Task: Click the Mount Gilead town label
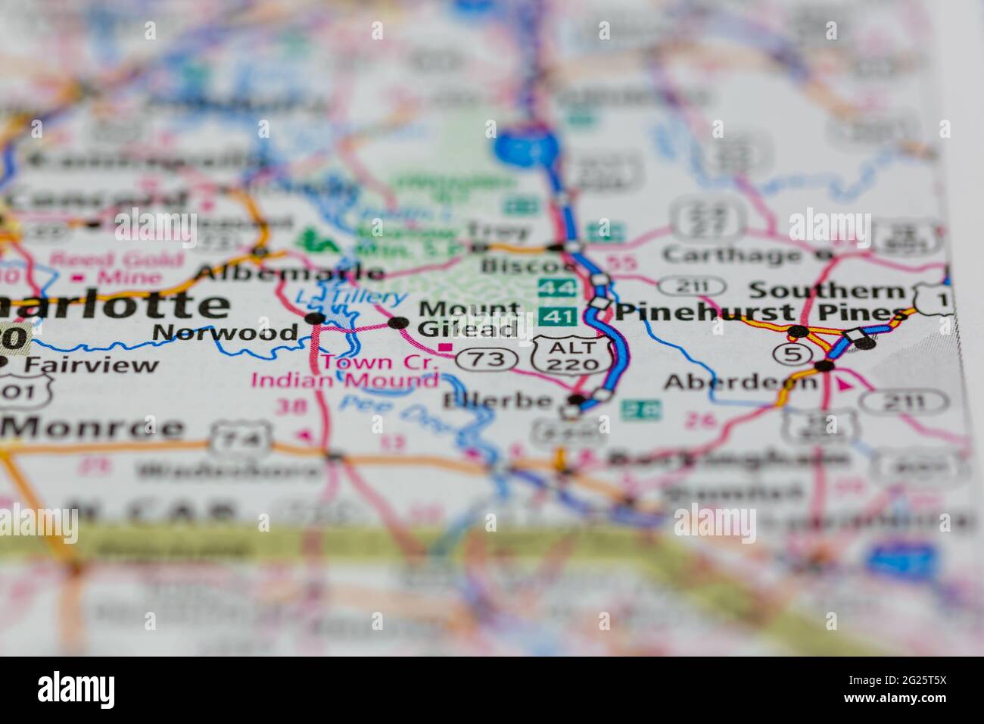[469, 319]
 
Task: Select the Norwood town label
[225, 332]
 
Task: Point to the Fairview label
[92, 364]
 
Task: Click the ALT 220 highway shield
[571, 355]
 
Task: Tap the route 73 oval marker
[484, 359]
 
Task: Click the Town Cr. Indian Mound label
[345, 370]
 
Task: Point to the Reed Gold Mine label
[118, 269]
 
